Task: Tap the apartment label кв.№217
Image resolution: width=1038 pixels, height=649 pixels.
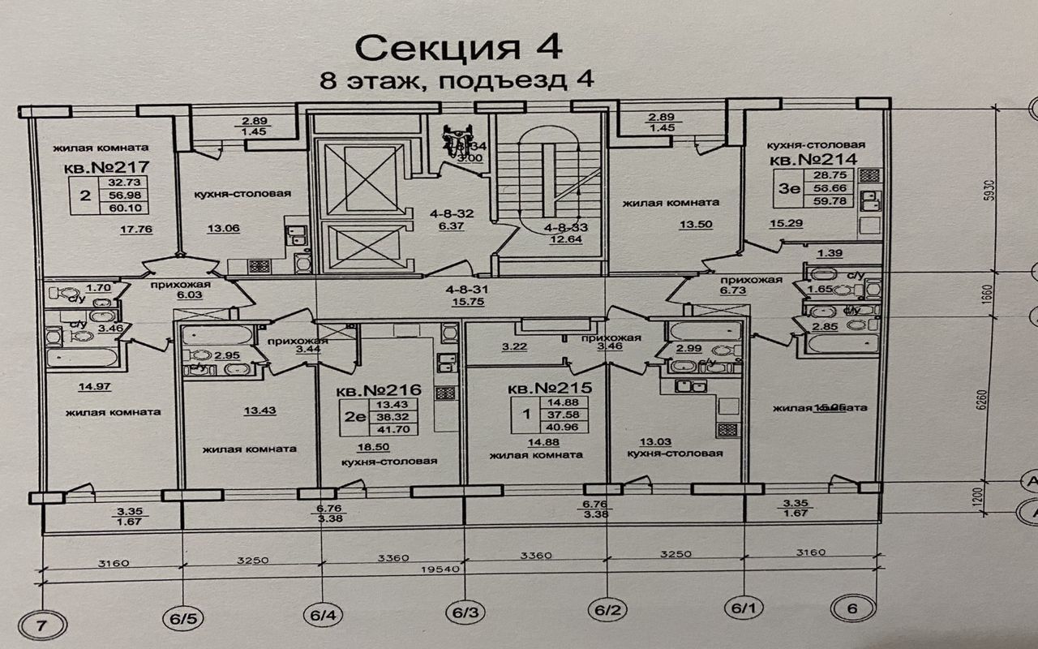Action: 99,170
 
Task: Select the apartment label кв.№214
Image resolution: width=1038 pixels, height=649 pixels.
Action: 813,160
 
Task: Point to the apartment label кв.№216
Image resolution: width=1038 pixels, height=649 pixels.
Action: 373,389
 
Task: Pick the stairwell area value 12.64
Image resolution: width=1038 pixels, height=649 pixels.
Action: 566,239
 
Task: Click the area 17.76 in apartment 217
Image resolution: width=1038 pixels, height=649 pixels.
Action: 136,229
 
